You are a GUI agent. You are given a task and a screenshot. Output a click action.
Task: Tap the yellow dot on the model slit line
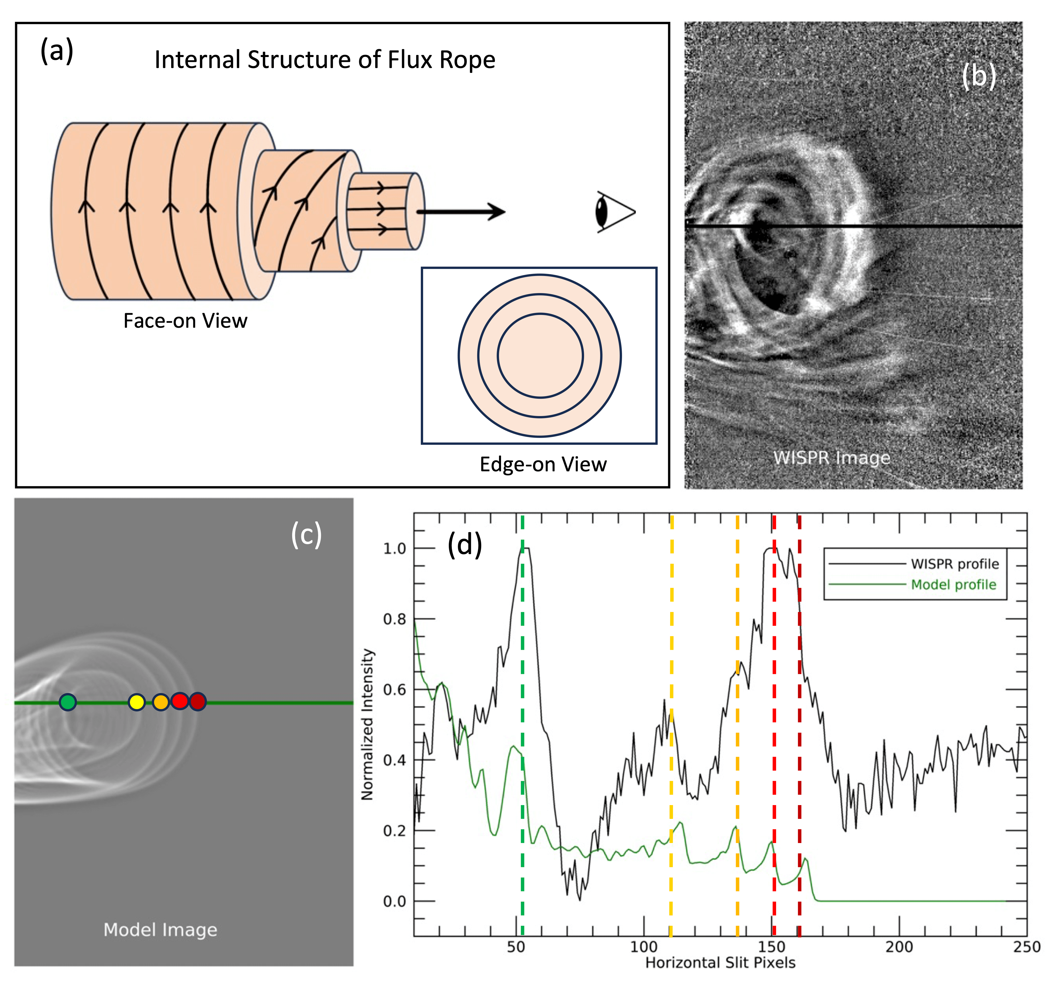137,702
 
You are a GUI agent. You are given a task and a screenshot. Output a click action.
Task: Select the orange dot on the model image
160,702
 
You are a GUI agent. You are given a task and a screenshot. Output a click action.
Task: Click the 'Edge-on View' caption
543,464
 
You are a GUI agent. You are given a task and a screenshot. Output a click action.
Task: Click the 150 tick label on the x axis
772,947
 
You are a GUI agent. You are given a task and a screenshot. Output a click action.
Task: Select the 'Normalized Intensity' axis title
367,724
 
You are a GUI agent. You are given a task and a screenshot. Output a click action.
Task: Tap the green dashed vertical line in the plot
522,794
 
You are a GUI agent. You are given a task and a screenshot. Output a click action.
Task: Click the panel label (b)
978,76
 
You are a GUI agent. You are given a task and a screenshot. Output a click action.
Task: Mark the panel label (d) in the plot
465,544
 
